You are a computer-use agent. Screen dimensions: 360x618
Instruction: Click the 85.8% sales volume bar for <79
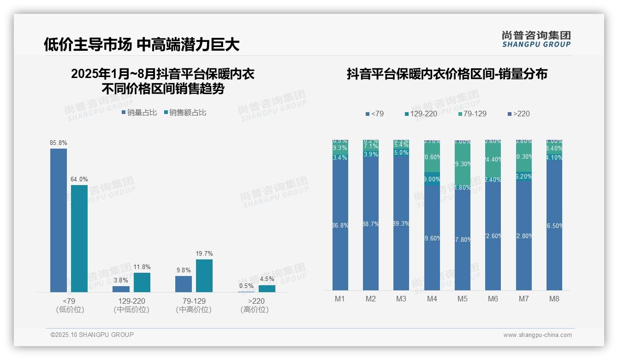[59, 220]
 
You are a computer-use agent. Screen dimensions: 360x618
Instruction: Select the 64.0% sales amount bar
[79, 239]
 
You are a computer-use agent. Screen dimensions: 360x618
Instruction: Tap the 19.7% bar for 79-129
[204, 276]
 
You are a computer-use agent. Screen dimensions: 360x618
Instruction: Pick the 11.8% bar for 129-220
[142, 282]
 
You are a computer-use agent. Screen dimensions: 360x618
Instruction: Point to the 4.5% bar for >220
[267, 288]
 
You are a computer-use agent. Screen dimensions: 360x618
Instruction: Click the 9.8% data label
[183, 270]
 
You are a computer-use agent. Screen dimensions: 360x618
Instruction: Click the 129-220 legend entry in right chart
[421, 114]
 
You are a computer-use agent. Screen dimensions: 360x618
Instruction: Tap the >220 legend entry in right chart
[518, 114]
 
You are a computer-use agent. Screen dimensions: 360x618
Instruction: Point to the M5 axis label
[462, 299]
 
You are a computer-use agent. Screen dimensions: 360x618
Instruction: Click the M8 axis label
[554, 299]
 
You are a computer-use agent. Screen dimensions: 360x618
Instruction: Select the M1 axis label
[340, 299]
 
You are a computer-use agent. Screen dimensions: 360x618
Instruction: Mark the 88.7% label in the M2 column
[371, 224]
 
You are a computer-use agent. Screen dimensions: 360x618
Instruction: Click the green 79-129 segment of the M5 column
[463, 164]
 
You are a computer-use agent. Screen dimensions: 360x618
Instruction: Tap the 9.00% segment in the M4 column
[432, 179]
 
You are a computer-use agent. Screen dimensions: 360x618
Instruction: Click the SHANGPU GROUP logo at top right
[536, 39]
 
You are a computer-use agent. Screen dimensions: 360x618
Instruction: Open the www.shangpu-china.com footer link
[537, 335]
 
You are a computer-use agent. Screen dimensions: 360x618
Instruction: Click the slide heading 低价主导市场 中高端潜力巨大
[142, 44]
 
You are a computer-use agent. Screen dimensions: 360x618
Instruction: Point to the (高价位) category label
[254, 310]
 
